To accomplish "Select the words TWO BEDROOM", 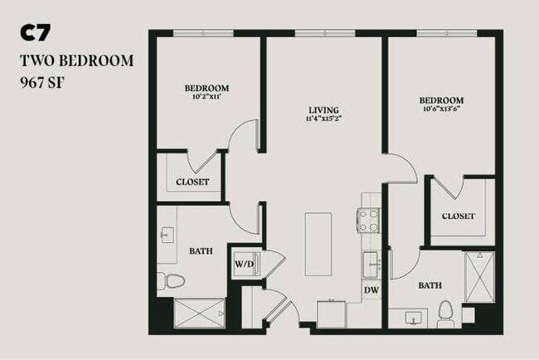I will pos(75,61).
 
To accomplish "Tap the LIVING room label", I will pos(323,109).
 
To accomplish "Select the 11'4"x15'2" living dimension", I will pos(323,119).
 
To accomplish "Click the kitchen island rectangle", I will pos(318,244).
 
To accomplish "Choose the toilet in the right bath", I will pos(445,314).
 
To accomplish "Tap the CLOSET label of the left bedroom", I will pos(193,182).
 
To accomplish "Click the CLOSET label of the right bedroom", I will pos(459,216).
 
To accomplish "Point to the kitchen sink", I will pos(370,264).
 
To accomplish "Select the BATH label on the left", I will pos(201,251).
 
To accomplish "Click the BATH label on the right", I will pos(430,285).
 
